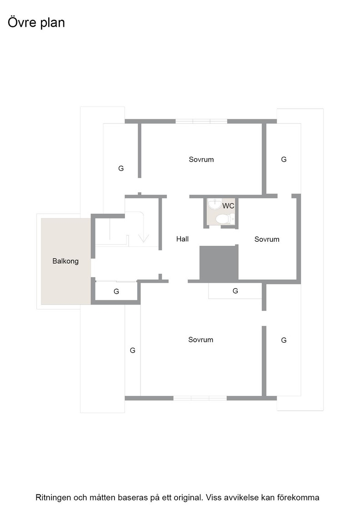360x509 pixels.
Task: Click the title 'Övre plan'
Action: click(36, 22)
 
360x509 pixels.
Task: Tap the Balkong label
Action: click(65, 261)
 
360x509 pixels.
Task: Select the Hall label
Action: click(182, 239)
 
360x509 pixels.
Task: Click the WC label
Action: click(228, 206)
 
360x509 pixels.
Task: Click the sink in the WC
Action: click(215, 204)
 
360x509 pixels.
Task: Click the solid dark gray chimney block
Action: click(219, 263)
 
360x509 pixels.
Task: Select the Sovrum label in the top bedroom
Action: click(201, 160)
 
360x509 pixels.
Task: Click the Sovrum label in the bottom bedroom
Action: click(200, 339)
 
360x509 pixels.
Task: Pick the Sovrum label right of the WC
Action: click(267, 239)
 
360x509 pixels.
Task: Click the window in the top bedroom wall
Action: click(201, 121)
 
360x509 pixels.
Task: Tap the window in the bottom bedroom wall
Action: click(200, 398)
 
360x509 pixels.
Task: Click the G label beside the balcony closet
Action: click(116, 291)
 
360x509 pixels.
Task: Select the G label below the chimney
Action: click(235, 291)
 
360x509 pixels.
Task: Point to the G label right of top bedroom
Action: click(284, 160)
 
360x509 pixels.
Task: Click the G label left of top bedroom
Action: click(121, 169)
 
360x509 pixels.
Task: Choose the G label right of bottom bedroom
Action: click(284, 340)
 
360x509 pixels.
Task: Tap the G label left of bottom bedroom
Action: click(132, 350)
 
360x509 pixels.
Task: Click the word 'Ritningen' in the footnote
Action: click(53, 497)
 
